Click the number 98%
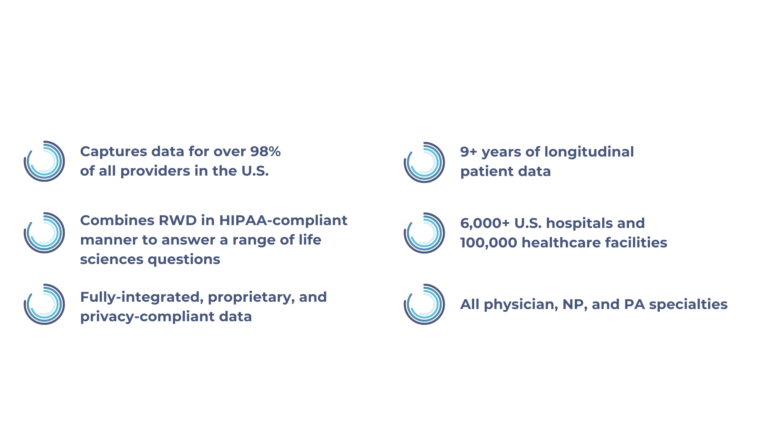tap(265, 151)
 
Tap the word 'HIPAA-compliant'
tap(283, 220)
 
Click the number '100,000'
tap(489, 243)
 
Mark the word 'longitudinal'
tap(589, 152)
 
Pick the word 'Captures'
tap(114, 152)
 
